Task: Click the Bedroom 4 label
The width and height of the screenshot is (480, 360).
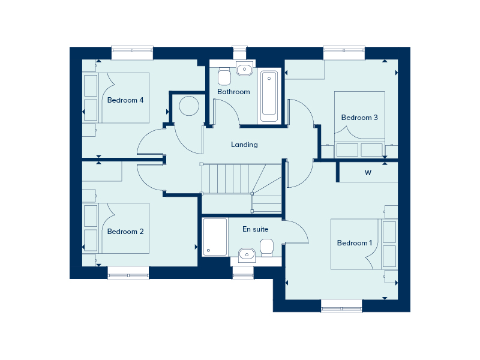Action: point(125,100)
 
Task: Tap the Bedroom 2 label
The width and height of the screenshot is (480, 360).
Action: point(125,232)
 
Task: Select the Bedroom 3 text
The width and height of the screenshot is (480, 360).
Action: point(359,118)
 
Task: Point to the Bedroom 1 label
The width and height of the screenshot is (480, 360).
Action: point(355,243)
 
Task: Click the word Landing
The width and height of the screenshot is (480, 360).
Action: point(244,145)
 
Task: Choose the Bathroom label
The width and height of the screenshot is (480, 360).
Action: point(233,92)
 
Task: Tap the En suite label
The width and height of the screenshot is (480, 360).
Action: point(256,229)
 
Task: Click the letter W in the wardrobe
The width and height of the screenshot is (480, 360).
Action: point(368,173)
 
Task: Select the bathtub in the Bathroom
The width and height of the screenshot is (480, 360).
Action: point(269,96)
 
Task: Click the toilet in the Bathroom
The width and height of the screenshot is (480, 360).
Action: point(224,77)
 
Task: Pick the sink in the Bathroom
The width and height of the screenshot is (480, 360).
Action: point(244,68)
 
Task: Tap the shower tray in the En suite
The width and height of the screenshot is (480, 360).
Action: point(215,237)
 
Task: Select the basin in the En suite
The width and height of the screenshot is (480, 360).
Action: point(247,255)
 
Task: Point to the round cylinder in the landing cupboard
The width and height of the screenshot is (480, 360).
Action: point(189,106)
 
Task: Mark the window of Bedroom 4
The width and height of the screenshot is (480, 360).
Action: point(132,53)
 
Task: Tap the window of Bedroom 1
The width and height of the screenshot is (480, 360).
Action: point(341,306)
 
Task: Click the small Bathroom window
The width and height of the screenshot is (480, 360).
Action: point(239,53)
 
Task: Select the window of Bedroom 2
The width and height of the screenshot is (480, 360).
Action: point(128,273)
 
